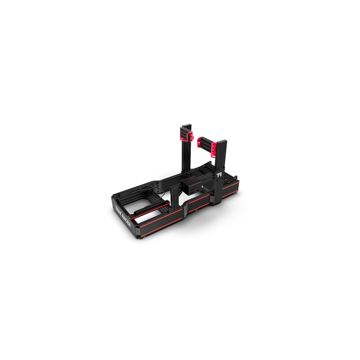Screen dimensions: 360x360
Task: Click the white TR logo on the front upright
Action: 219,175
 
